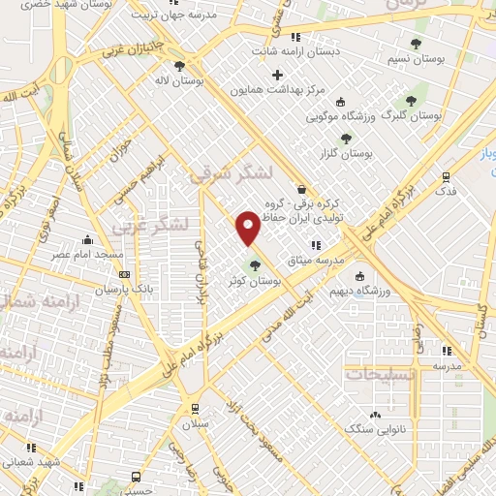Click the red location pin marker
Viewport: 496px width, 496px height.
(248, 227)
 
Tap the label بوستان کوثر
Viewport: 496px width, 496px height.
(254, 280)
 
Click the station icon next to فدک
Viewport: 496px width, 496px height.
(446, 177)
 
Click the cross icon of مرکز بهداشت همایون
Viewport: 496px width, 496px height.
(278, 75)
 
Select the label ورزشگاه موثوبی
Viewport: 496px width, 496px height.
(346, 115)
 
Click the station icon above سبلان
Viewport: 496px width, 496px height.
(196, 408)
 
